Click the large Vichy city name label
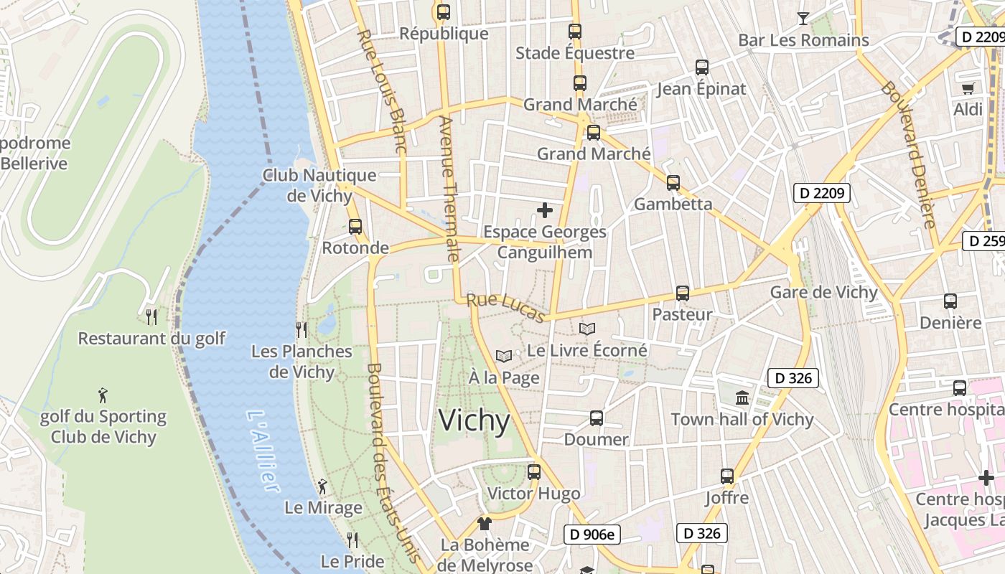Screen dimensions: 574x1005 coord(475,420)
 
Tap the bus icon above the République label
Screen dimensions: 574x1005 coord(444,12)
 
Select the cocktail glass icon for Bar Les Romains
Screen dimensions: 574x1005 coord(803,19)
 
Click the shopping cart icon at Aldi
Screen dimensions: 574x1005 coord(968,88)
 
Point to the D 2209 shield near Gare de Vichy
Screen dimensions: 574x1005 coord(821,193)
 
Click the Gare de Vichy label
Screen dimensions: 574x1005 coord(823,292)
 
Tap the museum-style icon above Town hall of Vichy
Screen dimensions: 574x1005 coord(742,397)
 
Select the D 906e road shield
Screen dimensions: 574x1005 coord(592,534)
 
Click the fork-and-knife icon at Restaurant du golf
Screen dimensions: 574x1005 coord(151,316)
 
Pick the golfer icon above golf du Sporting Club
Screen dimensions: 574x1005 coord(103,395)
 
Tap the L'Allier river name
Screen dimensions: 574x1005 coord(262,450)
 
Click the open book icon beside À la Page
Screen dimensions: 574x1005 coord(504,356)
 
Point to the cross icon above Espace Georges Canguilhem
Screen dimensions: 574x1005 coord(545,210)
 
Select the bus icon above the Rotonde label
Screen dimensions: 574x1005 coord(355,227)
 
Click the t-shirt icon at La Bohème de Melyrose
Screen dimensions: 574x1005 coord(485,524)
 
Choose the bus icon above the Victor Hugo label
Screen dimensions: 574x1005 coord(533,472)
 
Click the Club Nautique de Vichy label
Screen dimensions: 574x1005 coord(319,185)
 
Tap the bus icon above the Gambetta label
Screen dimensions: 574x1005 coord(673,183)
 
